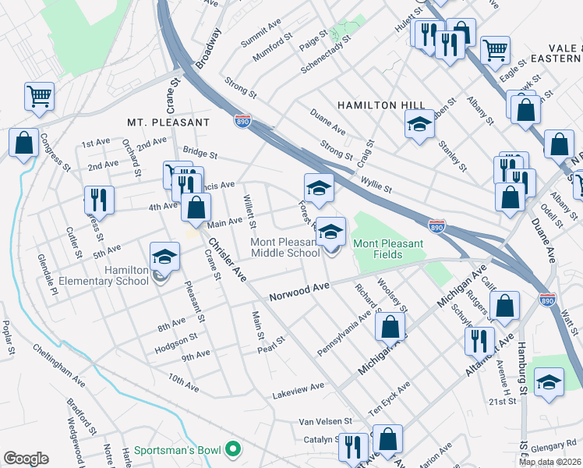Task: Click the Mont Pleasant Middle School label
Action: point(284,247)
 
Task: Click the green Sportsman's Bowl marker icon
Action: point(232,450)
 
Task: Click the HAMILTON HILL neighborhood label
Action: point(381,105)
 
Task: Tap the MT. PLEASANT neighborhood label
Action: point(169,122)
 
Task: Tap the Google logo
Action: point(26,459)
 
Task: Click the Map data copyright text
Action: point(550,462)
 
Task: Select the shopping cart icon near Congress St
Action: point(39,97)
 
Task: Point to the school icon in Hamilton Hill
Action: point(419,123)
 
